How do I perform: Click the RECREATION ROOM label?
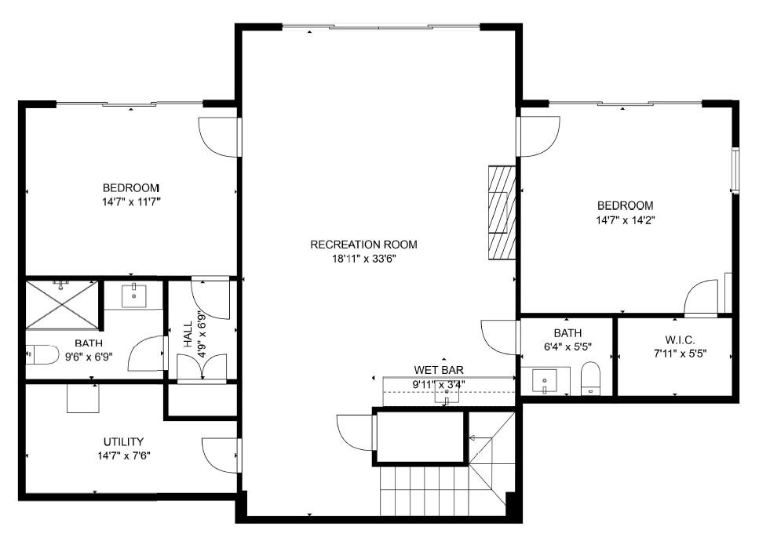click(363, 245)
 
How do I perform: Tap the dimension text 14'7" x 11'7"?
click(131, 202)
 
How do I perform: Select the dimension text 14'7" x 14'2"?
click(624, 220)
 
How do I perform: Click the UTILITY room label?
click(123, 441)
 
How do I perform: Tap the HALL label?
click(188, 333)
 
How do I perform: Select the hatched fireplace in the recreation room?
click(502, 212)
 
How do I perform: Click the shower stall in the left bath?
click(63, 306)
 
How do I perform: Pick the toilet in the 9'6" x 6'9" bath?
click(42, 355)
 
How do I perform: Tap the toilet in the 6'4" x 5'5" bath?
click(590, 379)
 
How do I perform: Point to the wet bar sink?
click(447, 392)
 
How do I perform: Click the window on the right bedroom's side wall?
click(735, 170)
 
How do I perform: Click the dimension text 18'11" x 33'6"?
click(363, 259)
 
